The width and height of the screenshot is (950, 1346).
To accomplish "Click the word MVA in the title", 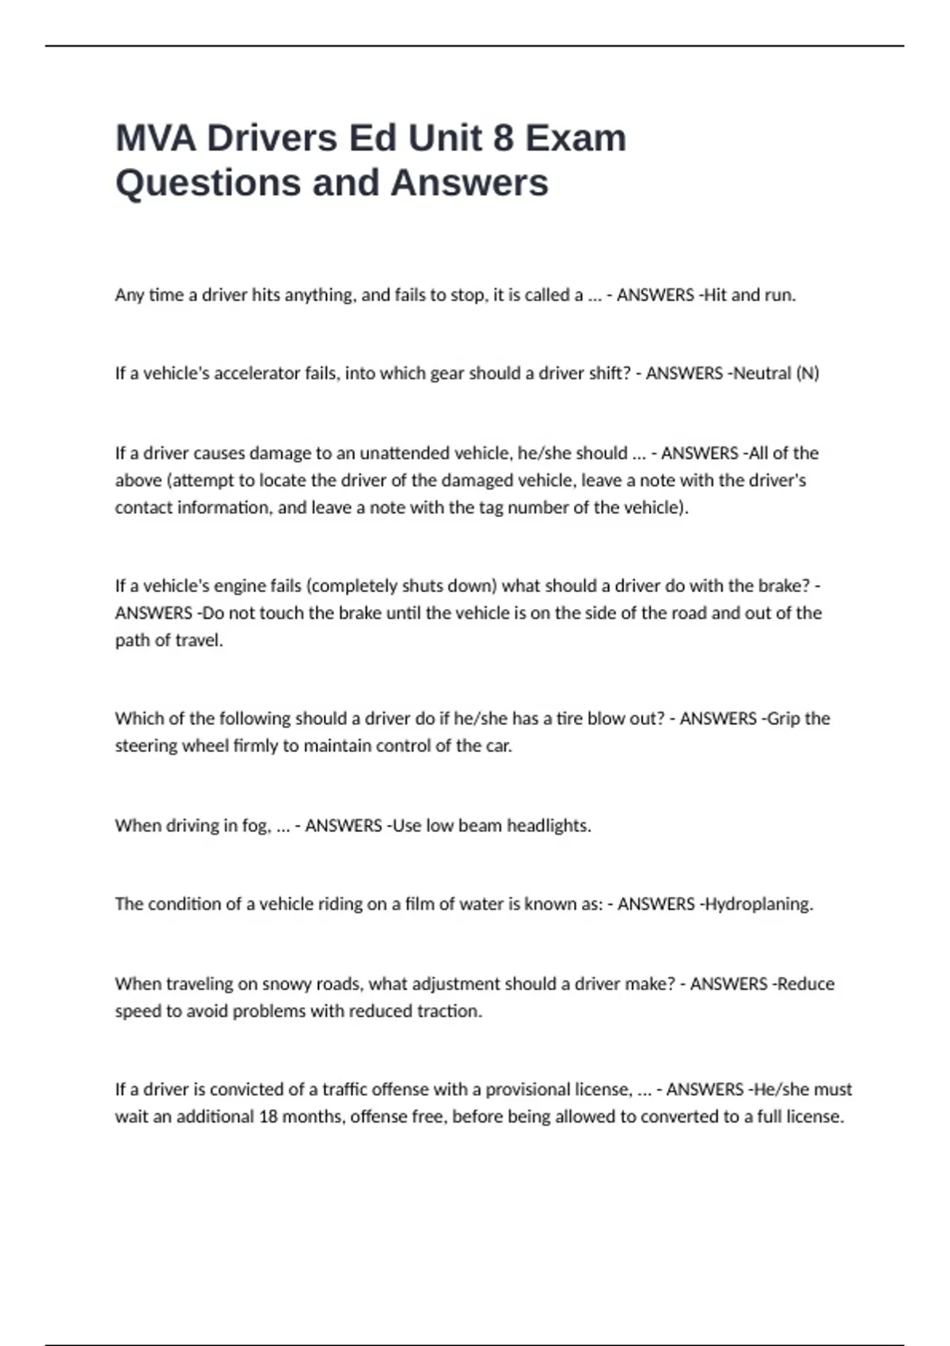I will click(156, 139).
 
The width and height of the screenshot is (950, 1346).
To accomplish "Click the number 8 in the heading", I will click(503, 139).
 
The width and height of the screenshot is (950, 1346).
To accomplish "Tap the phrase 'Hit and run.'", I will click(750, 295).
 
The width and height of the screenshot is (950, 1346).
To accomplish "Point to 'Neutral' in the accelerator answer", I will click(762, 374).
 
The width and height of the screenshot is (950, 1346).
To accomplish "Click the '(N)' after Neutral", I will click(807, 374).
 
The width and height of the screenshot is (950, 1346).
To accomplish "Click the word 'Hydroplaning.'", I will click(758, 904).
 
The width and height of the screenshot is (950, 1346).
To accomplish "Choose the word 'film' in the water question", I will click(420, 904).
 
